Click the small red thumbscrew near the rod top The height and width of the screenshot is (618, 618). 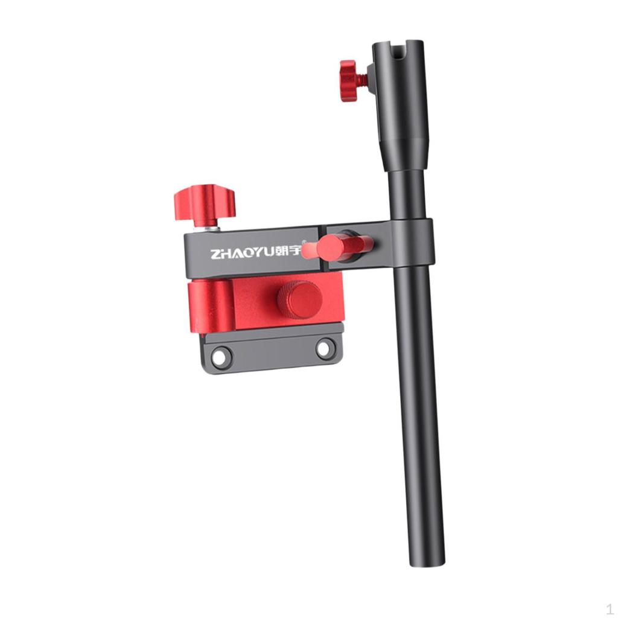(348, 80)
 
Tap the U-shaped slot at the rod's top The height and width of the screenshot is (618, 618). (399, 48)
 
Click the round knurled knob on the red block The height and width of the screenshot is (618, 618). (299, 299)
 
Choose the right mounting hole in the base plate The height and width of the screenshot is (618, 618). (325, 348)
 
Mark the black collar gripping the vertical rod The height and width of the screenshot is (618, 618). (413, 241)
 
